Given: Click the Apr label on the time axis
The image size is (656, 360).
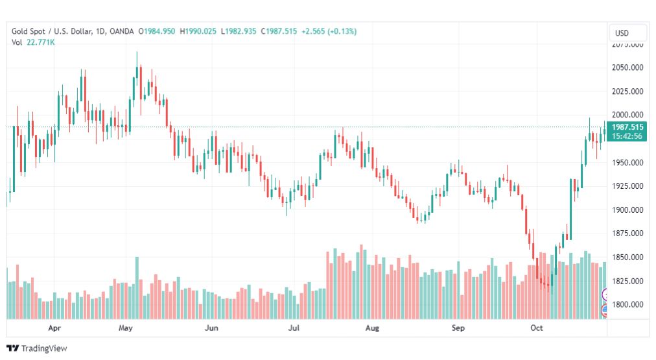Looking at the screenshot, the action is (54, 328).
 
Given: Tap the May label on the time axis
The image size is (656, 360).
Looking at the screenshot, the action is (126, 328).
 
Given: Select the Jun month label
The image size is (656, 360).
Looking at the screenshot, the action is (211, 328).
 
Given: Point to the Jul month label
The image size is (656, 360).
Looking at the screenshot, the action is (294, 328).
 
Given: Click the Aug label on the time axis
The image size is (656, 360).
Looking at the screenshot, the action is (372, 328).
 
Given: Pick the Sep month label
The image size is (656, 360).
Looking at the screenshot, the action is (458, 328).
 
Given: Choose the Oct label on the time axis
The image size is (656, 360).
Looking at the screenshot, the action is (536, 328).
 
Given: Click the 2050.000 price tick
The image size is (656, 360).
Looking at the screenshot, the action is (627, 67).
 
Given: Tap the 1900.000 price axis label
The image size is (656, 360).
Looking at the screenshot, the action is (627, 210).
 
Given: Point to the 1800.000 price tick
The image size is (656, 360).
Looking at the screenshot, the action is (627, 305).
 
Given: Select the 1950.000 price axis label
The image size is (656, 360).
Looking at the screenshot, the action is (627, 162).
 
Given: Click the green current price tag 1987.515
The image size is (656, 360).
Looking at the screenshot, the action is (627, 132).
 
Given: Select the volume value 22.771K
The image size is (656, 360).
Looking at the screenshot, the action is (41, 42).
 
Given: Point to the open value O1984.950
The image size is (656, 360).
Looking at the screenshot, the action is (157, 31).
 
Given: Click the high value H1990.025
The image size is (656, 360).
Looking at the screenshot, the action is (198, 31).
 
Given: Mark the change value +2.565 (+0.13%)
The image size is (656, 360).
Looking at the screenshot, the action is (329, 31).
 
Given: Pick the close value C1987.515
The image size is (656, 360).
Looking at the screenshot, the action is (279, 31).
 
